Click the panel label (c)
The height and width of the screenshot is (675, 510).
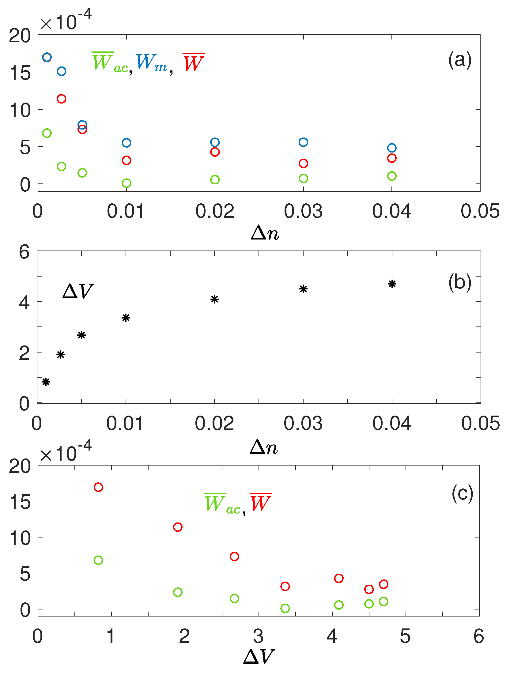[x=462, y=493]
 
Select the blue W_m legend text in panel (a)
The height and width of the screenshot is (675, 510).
[x=151, y=63]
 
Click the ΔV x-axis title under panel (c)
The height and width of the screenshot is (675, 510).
[x=259, y=656]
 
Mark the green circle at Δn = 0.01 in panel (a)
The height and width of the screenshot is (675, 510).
[x=127, y=183]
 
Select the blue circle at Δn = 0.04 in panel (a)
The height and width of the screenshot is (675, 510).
[x=392, y=148]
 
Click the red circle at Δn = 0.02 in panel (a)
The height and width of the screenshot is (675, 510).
[x=215, y=152]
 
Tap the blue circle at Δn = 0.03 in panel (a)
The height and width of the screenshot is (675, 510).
[x=303, y=142]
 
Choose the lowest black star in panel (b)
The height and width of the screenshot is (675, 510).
[x=46, y=382]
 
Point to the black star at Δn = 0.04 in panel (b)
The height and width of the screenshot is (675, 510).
[x=392, y=284]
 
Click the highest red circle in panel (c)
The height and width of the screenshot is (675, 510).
[x=98, y=487]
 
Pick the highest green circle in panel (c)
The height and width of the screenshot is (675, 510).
[x=98, y=560]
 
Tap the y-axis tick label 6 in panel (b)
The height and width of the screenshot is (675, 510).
[x=25, y=252]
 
